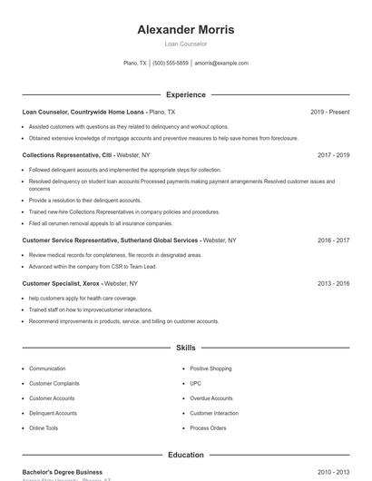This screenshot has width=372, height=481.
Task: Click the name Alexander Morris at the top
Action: click(185, 29)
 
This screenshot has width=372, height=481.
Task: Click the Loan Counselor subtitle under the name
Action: click(185, 44)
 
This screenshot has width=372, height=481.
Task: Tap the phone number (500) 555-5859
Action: click(171, 64)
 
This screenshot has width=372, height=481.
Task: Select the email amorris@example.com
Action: click(221, 64)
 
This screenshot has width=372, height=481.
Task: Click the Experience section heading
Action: click(185, 94)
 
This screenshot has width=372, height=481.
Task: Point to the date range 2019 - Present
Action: click(329, 112)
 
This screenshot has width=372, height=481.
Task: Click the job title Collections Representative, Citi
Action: click(66, 155)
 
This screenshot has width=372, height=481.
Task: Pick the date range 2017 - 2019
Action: click(333, 155)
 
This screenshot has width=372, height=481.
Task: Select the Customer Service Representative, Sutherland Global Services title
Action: click(110, 240)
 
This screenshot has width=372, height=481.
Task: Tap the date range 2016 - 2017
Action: click(333, 240)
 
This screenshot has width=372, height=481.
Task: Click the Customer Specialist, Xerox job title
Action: click(61, 283)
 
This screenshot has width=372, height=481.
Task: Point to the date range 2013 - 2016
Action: click(333, 283)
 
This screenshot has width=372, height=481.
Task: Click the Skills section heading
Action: click(185, 348)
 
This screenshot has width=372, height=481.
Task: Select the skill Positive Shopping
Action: click(210, 368)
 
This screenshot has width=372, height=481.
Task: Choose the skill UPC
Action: click(195, 383)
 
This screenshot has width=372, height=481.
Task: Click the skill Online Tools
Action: click(44, 427)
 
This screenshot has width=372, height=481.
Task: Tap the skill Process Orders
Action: click(208, 427)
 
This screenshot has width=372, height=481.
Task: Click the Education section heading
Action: click(185, 455)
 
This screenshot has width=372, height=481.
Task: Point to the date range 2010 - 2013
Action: click(333, 472)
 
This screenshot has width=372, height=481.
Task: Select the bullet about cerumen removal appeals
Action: click(100, 223)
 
